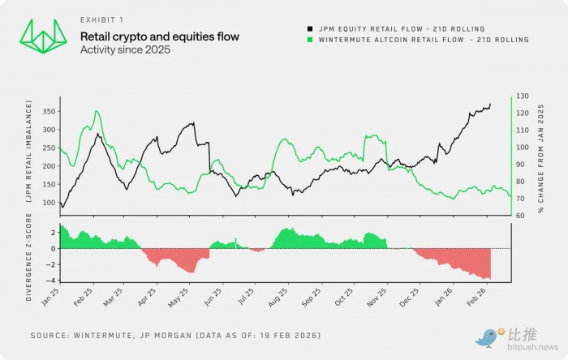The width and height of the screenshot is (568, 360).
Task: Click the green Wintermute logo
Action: (42, 36)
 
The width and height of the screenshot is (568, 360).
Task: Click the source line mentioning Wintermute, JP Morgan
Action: (176, 335)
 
